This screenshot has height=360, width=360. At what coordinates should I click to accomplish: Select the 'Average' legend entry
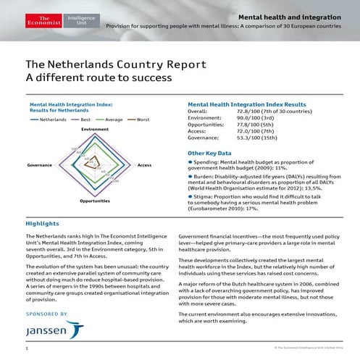pos(115,119)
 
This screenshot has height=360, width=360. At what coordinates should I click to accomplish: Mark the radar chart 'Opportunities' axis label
pos(95,200)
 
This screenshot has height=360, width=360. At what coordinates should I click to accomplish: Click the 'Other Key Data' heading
pos(209,154)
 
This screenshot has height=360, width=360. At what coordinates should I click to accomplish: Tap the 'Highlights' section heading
pos(43,224)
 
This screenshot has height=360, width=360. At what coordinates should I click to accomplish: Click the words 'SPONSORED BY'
pos(46,314)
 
